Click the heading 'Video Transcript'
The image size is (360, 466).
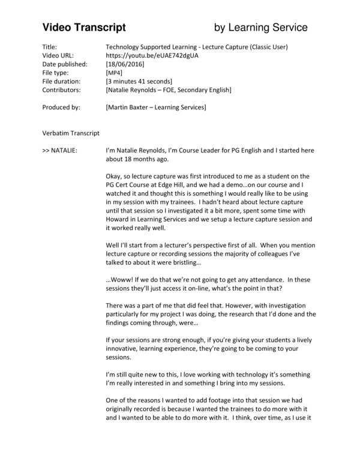tap(83, 27)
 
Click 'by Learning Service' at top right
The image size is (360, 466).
tap(261, 27)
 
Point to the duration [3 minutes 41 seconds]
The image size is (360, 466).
tap(139, 81)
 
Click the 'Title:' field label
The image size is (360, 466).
tap(50, 46)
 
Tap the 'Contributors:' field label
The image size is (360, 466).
tap(62, 89)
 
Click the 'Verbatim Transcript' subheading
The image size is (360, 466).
tap(71, 133)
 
